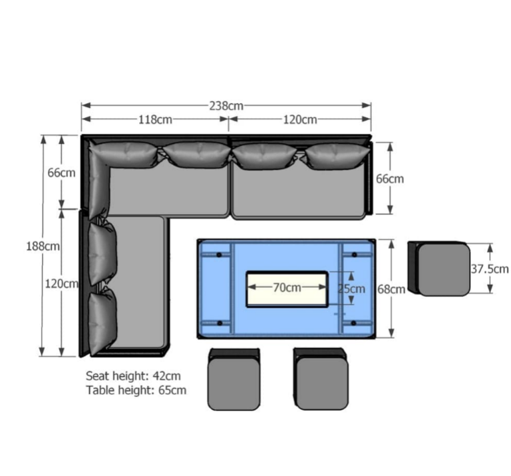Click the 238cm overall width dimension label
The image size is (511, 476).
(226, 106)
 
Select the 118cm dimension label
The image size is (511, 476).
(156, 120)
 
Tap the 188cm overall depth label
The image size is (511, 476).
(43, 246)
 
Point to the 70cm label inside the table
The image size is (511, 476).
(287, 287)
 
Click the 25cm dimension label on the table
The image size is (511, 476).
(351, 288)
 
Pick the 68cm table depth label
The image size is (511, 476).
(391, 289)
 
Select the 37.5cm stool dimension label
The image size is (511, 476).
(490, 269)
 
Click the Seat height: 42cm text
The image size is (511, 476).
(133, 376)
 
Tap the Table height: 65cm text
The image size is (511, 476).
(136, 390)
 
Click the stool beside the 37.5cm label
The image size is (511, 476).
(439, 269)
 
